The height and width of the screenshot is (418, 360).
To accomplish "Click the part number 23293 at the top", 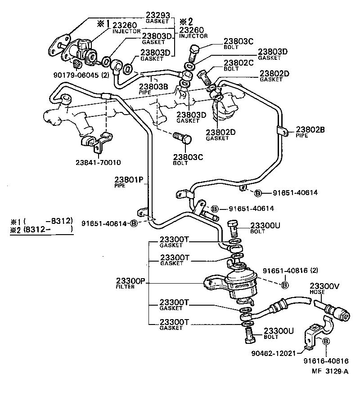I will [157, 14].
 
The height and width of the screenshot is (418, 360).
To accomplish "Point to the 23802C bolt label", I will [238, 63].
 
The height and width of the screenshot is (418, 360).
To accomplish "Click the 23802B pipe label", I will [310, 130].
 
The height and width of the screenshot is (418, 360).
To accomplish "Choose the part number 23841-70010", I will [99, 162].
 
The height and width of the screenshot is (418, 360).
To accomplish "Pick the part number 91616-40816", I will [325, 360].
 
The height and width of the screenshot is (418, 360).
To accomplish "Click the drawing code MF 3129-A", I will [330, 371].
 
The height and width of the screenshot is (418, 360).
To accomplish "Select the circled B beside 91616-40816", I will [326, 342].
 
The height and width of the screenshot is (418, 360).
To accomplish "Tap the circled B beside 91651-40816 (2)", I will [284, 285].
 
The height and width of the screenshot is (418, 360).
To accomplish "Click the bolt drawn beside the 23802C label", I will [205, 77].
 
